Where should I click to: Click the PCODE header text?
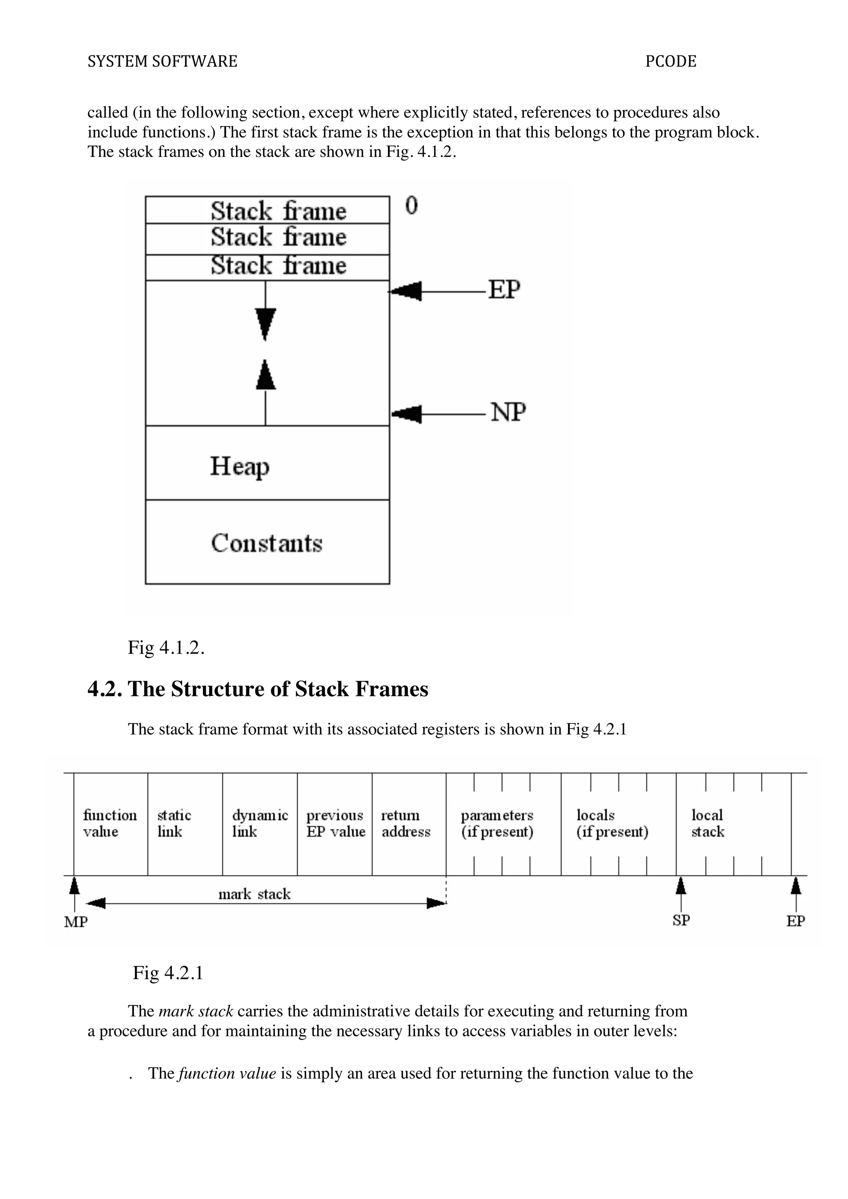point(670,62)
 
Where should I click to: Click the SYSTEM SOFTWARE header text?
point(162,62)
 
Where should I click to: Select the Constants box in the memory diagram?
point(267,542)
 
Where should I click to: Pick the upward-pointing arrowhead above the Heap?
point(265,375)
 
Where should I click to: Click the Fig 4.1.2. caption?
point(166,647)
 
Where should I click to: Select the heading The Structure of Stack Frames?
point(258,689)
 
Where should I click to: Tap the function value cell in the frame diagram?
point(110,823)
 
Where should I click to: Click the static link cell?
point(185,823)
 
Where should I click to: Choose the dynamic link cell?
point(260,823)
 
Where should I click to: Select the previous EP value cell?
point(335,823)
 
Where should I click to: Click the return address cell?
point(409,823)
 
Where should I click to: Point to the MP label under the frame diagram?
point(76,922)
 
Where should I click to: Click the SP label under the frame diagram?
point(681,920)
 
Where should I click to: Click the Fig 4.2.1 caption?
point(168,972)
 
